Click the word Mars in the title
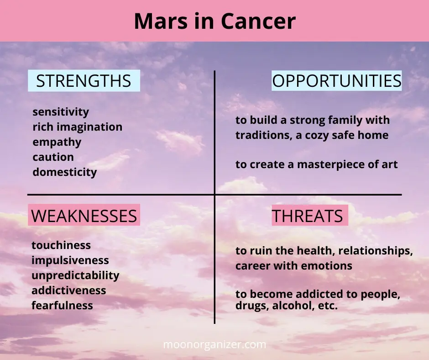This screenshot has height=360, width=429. coord(161,21)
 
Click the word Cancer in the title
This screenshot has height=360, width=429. coord(258,21)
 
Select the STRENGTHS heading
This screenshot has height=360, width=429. coord(84,81)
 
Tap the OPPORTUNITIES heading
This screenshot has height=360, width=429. coord(337,81)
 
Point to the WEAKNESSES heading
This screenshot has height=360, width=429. coord(84,216)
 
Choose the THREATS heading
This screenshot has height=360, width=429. coord(307,216)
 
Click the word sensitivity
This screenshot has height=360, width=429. coord(61,112)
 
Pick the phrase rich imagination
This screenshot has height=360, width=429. coord(78,127)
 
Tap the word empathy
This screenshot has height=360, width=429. coord(57,143)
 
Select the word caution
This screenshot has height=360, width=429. coord(53,157)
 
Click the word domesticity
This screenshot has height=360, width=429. coord(64,172)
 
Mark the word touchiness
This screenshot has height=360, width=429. coord(61,245)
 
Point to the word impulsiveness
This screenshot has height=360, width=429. coord(70,260)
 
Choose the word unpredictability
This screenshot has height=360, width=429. coord(75,275)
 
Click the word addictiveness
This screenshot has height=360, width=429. coord(68,291)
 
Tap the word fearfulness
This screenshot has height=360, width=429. coord(62,306)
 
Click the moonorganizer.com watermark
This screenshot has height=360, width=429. coord(214,344)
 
